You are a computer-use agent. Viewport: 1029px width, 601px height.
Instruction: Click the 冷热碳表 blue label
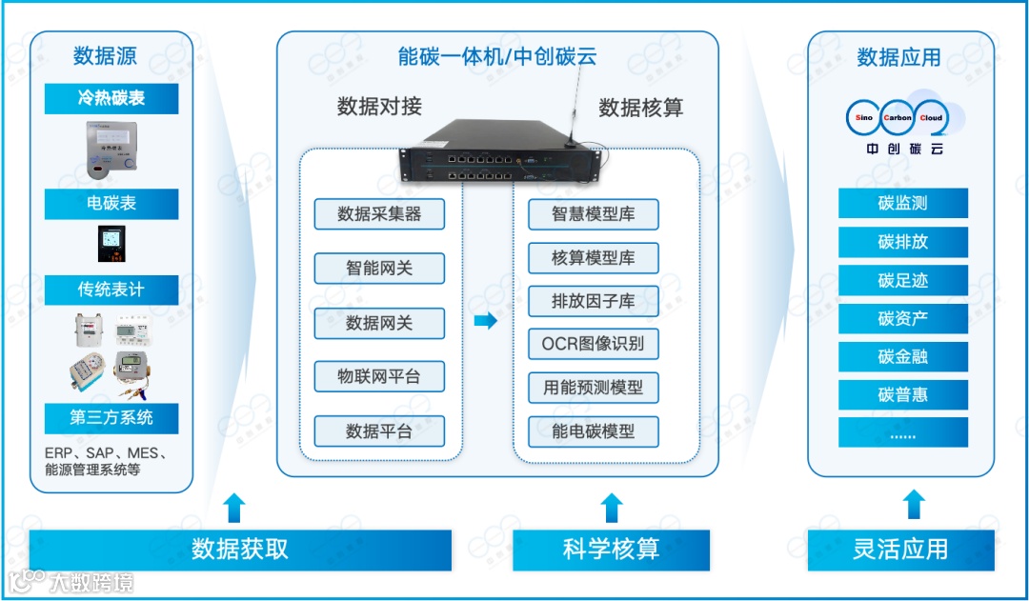click(x=111, y=98)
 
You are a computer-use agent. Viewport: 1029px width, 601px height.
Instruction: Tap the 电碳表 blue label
click(x=111, y=203)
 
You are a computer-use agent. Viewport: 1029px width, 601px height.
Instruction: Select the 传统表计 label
click(x=111, y=290)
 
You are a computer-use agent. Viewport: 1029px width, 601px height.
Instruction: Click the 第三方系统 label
click(x=111, y=417)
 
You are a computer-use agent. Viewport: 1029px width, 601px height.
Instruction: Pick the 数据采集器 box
click(x=379, y=214)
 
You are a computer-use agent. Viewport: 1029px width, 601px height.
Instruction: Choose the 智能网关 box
click(x=379, y=269)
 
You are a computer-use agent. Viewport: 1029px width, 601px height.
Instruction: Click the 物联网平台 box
click(x=379, y=376)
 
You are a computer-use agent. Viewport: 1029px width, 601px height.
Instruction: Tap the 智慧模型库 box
click(x=594, y=214)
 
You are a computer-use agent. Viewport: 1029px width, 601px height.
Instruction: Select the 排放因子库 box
click(x=594, y=301)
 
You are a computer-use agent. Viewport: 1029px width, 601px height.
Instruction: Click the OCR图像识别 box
click(x=594, y=344)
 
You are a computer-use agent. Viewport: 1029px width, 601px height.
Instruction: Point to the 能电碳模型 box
click(x=594, y=431)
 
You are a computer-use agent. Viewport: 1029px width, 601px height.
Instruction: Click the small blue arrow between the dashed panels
click(x=486, y=321)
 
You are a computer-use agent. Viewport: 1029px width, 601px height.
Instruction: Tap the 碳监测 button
click(x=903, y=203)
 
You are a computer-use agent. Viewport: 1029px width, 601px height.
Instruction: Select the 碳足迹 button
click(x=903, y=280)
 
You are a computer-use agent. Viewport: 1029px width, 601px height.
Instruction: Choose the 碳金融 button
click(x=903, y=356)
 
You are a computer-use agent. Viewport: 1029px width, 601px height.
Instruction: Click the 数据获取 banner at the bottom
click(x=240, y=550)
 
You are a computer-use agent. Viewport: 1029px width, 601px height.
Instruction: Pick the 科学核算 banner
click(x=611, y=550)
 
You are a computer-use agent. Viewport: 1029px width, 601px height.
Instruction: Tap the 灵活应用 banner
click(x=900, y=550)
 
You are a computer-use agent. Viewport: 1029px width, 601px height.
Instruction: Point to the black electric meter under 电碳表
click(x=111, y=244)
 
